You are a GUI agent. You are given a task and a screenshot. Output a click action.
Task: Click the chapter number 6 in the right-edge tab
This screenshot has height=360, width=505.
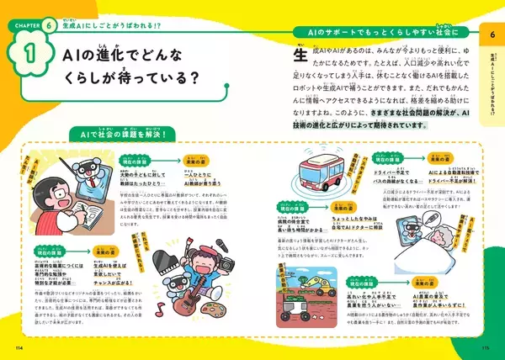point(491,33)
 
